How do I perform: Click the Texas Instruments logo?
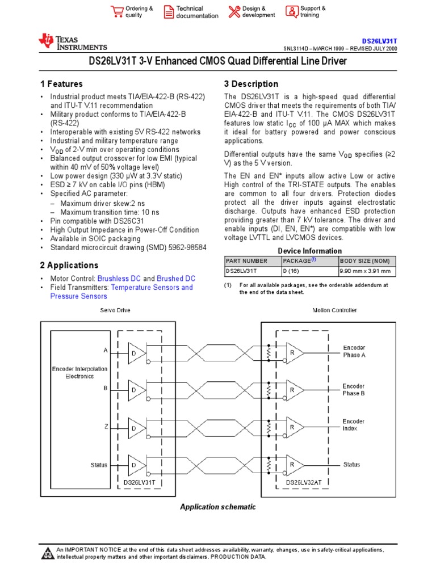point(72,43)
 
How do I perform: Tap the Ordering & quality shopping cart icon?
point(117,12)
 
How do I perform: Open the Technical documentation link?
point(197,12)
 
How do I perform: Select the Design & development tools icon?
point(234,12)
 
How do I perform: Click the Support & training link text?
point(313,12)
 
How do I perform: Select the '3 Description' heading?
point(251,83)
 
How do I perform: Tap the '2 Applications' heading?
point(69,265)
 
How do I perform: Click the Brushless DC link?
point(119,279)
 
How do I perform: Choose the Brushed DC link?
point(176,279)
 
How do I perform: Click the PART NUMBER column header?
point(246,260)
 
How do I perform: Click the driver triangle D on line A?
point(136,353)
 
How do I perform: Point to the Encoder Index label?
point(354,425)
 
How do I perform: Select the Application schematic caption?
point(218,507)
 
